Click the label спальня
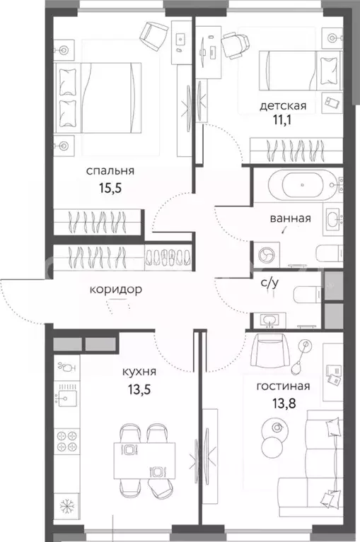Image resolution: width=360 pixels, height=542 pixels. (110, 170)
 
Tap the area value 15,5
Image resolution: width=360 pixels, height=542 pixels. (110, 189)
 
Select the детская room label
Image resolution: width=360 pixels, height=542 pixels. (282, 106)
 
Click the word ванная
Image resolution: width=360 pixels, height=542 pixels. (290, 218)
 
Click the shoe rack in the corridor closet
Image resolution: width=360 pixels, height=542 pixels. (168, 257)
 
